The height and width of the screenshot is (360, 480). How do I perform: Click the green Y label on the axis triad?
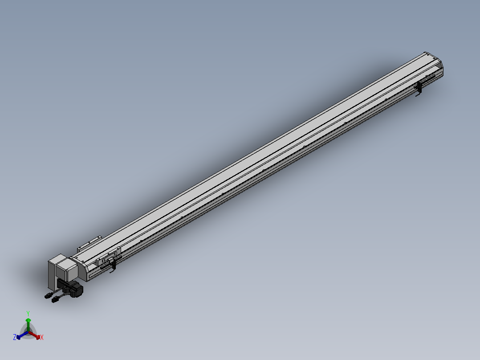pyautogui.click(x=28, y=313)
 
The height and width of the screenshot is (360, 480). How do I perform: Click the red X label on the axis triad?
pyautogui.click(x=42, y=338)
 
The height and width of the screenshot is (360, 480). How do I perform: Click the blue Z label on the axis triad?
pyautogui.click(x=15, y=337)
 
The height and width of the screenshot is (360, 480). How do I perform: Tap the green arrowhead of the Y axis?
pyautogui.click(x=28, y=320)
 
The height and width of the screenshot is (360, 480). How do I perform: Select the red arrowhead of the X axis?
pyautogui.click(x=38, y=336)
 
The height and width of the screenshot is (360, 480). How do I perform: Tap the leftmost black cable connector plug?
pyautogui.click(x=48, y=295)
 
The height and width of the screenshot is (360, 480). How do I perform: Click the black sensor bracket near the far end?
pyautogui.click(x=419, y=89)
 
